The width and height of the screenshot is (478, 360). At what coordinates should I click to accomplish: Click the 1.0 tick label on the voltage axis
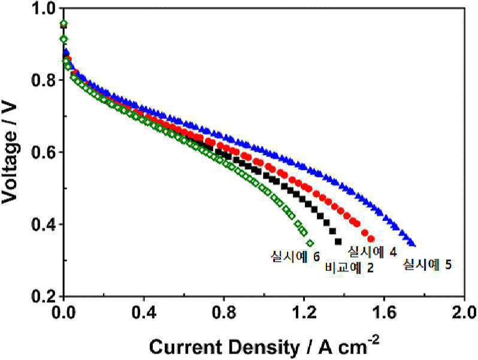(44, 8)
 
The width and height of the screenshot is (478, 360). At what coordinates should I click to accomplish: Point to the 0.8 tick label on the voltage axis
(44, 80)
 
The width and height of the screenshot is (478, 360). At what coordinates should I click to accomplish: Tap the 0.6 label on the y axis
(44, 152)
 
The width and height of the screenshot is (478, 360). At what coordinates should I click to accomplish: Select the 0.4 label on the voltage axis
(44, 225)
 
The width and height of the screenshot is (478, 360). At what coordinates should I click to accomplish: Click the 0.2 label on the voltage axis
(44, 296)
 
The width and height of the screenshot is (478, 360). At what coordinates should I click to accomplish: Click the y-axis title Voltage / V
(10, 152)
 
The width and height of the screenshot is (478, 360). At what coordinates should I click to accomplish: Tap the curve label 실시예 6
(295, 256)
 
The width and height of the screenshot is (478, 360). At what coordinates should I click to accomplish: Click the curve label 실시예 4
(372, 252)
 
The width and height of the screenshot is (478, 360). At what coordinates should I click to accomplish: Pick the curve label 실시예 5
(427, 264)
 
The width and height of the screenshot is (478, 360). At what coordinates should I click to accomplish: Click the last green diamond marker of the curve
(310, 243)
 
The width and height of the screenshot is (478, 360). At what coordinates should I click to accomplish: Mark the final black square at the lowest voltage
(338, 241)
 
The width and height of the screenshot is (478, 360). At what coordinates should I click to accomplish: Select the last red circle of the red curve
(371, 238)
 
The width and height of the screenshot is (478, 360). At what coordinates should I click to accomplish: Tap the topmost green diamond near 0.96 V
(63, 23)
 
